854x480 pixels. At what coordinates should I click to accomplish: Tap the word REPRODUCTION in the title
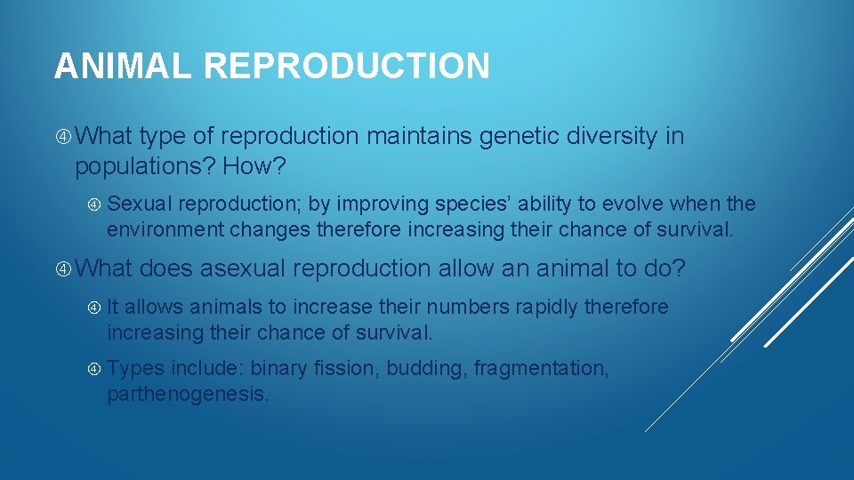coord(346,67)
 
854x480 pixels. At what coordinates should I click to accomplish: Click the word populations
coord(145,166)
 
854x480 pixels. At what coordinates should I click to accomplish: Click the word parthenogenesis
coord(187,394)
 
